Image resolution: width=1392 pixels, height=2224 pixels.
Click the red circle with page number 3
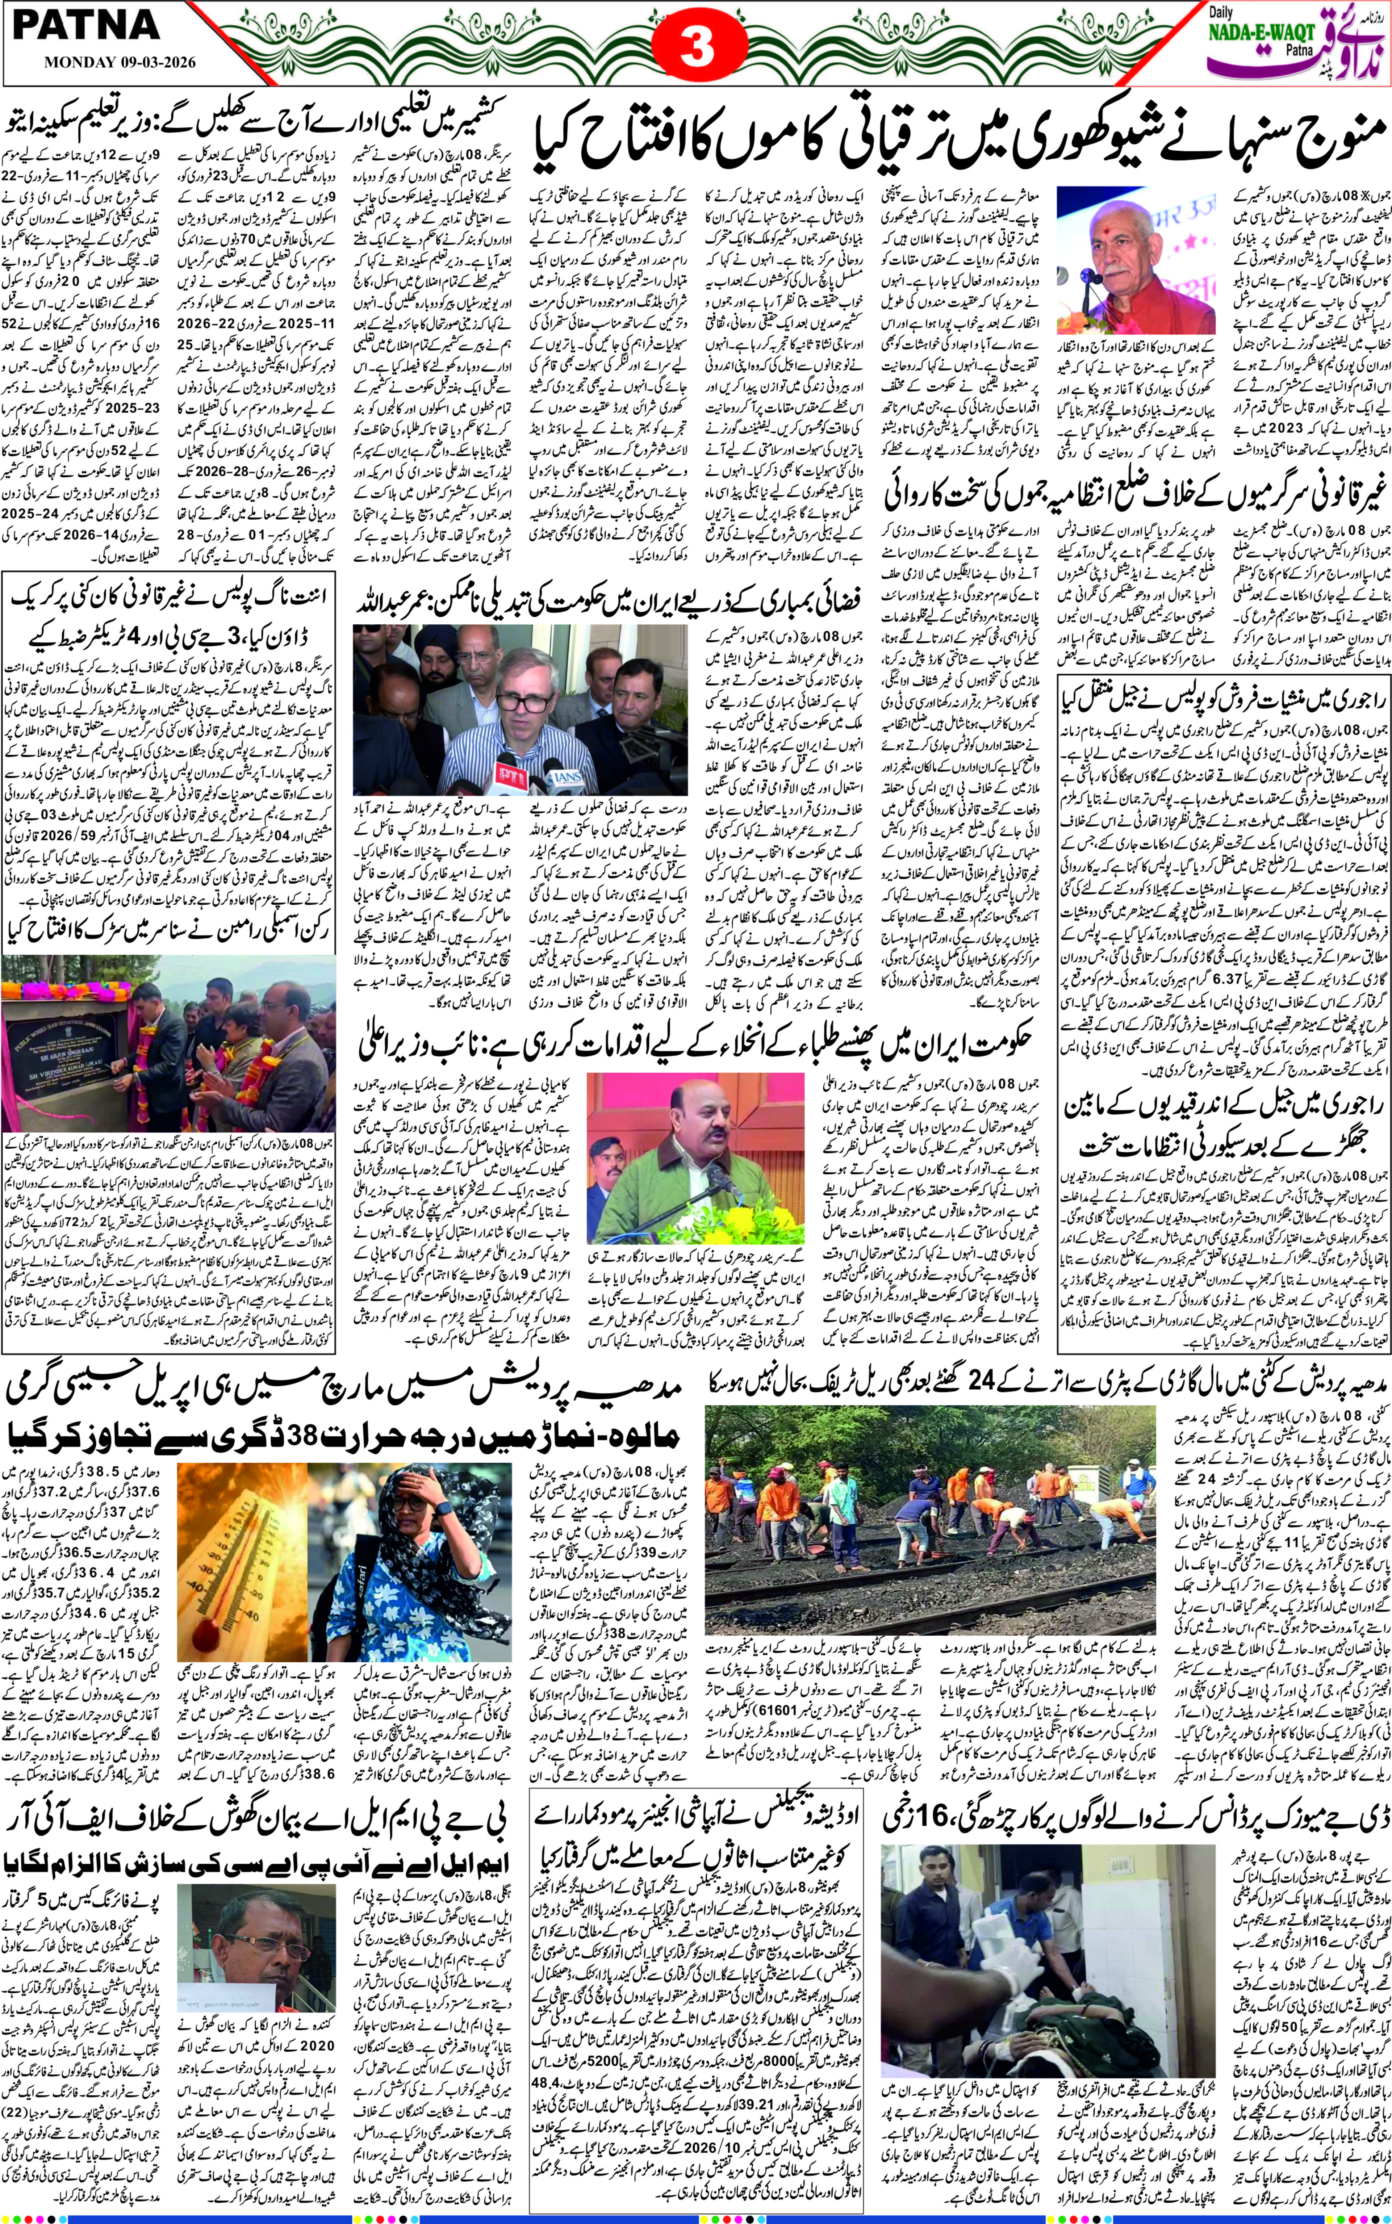[697, 48]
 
